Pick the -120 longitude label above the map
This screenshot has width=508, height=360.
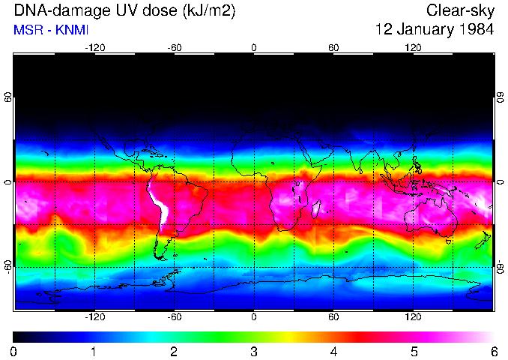94,48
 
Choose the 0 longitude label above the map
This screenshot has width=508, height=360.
254,48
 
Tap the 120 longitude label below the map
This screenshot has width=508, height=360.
413,316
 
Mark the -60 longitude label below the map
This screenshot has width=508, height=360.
174,316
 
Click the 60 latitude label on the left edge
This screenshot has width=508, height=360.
8,97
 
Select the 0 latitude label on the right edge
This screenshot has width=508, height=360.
500,182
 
